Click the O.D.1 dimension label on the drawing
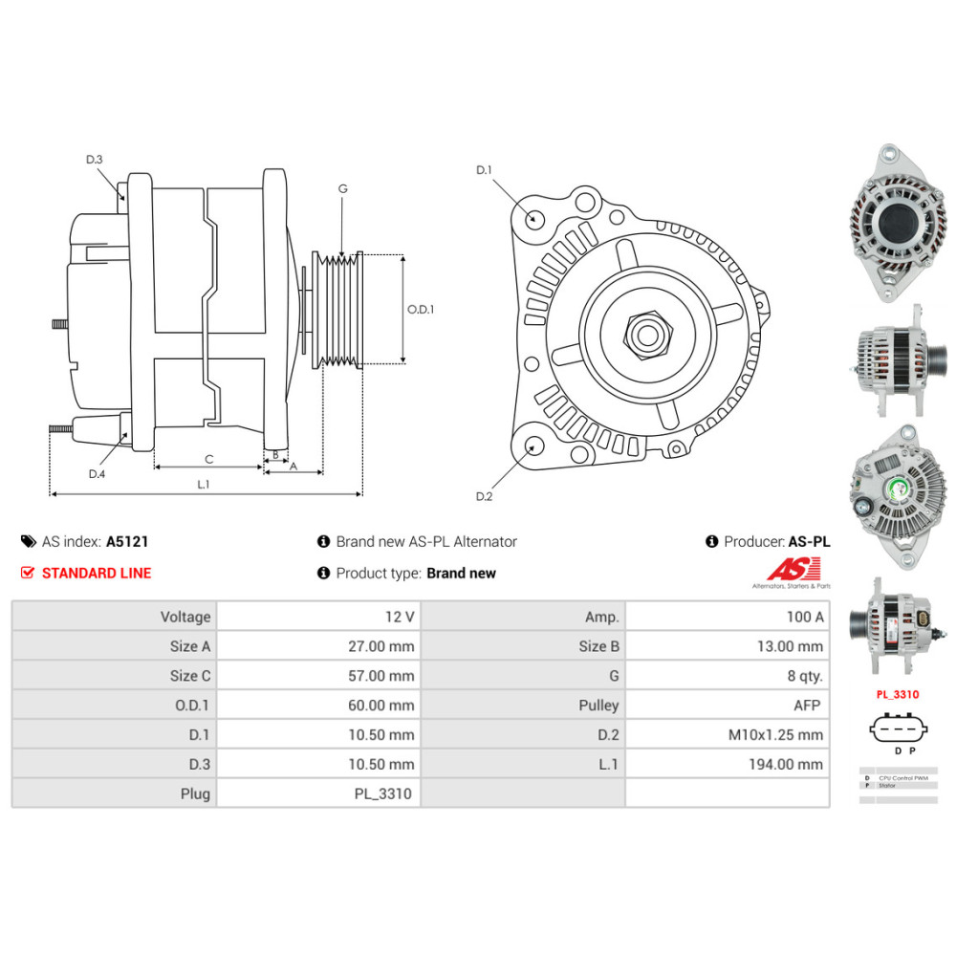pos(421,310)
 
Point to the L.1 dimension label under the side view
pos(203,485)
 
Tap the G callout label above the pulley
pos(342,188)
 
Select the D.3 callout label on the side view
pos(94,160)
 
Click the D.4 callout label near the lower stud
pos(97,474)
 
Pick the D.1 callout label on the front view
pos(484,170)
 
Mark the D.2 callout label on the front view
pos(484,496)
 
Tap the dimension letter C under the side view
pos(208,458)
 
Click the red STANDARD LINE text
pos(96,573)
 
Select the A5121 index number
pos(126,541)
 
